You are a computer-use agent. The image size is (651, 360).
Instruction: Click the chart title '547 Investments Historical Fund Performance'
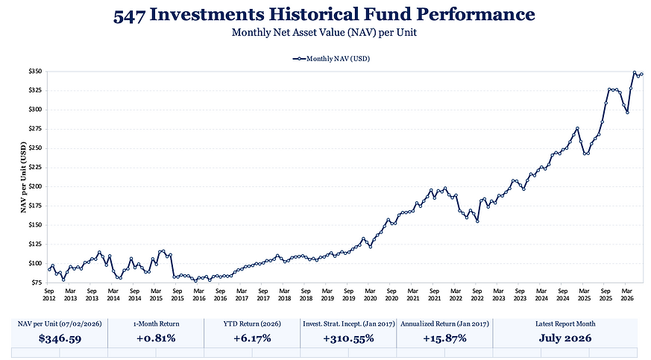click(324, 15)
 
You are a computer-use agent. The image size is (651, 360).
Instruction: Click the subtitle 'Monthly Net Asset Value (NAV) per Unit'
click(324, 32)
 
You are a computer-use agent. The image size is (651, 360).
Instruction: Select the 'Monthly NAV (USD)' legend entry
click(331, 59)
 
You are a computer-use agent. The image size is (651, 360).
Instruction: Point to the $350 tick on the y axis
click(35, 72)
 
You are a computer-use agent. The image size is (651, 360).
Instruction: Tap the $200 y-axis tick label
click(35, 186)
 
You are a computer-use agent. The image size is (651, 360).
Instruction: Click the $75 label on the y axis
click(36, 282)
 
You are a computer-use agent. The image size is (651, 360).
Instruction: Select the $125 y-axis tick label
click(35, 244)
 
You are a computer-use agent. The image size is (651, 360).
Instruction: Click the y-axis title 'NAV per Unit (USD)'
click(23, 177)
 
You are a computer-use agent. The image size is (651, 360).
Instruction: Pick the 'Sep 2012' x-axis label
click(49, 294)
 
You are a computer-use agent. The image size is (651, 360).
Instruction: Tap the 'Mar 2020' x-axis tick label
click(370, 294)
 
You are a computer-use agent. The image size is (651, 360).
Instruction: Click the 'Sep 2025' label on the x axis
click(606, 294)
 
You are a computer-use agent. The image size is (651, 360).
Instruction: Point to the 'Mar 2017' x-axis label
click(242, 294)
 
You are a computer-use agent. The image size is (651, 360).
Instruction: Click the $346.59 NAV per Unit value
click(60, 338)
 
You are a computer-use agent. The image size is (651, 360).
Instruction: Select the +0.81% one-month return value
click(156, 338)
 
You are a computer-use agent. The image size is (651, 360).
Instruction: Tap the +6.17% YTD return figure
click(252, 338)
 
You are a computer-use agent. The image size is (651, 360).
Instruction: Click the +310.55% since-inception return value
click(348, 338)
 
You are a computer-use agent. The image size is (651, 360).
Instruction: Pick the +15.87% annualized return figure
click(444, 338)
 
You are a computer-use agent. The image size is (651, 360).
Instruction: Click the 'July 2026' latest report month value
click(565, 338)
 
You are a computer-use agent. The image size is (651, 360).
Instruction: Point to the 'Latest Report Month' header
click(565, 324)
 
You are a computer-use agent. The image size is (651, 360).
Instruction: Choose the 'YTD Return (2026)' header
click(252, 324)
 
